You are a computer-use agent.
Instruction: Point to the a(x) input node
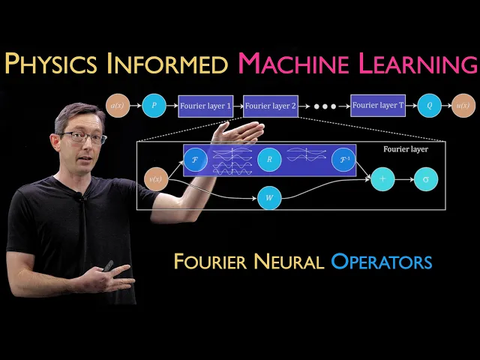tap(118, 106)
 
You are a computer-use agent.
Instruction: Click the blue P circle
tap(154, 106)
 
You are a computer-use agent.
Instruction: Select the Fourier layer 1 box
tap(205, 106)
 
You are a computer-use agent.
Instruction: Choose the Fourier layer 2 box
tap(271, 106)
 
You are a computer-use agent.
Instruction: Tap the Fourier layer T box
tap(378, 106)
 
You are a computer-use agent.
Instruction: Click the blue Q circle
tap(430, 106)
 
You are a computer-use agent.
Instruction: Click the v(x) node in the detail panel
tap(155, 178)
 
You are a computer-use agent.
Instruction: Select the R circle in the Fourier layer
tap(268, 160)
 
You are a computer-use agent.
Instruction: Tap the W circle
tap(268, 199)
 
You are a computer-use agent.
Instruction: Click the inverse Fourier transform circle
tap(343, 160)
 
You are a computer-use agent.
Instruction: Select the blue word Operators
tap(382, 262)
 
